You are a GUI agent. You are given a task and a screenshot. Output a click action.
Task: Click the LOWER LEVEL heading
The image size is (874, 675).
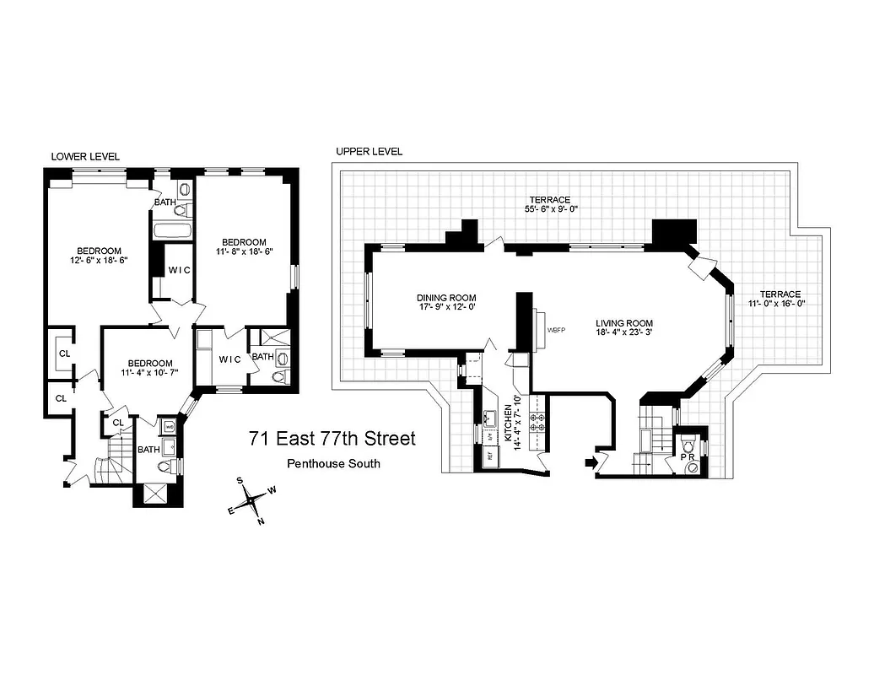pyautogui.click(x=85, y=157)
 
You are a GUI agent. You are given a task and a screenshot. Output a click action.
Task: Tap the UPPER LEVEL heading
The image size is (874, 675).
pyautogui.click(x=369, y=152)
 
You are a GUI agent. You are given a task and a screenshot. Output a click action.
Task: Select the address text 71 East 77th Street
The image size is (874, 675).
pyautogui.click(x=332, y=440)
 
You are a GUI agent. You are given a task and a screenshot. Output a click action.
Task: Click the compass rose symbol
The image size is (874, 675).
pyautogui.click(x=251, y=501)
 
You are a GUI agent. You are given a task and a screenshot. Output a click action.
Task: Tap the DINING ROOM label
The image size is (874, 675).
pyautogui.click(x=446, y=298)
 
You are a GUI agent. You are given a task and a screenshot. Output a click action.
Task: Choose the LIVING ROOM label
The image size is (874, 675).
pyautogui.click(x=624, y=323)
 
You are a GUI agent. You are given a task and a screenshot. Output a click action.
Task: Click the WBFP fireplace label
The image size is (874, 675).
pyautogui.click(x=556, y=330)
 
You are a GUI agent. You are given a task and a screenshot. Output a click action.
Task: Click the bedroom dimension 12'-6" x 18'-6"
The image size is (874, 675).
pyautogui.click(x=99, y=262)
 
